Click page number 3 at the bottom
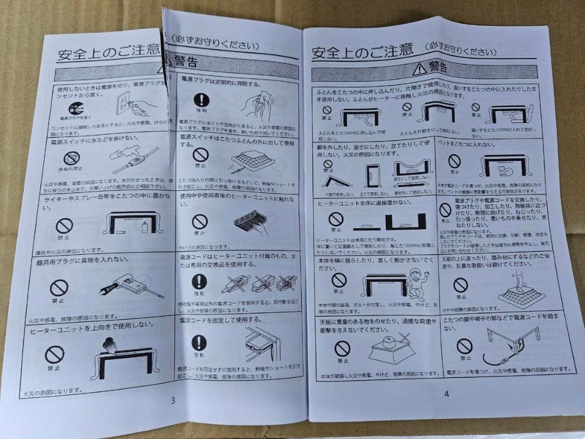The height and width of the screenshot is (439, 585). coord(173,401)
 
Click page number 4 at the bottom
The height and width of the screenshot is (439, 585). coord(446,394)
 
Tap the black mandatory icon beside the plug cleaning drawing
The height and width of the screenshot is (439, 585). coord(201,100)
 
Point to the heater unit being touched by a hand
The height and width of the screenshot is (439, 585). coord(250,222)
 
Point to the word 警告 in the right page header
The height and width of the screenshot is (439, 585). coord(438,67)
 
